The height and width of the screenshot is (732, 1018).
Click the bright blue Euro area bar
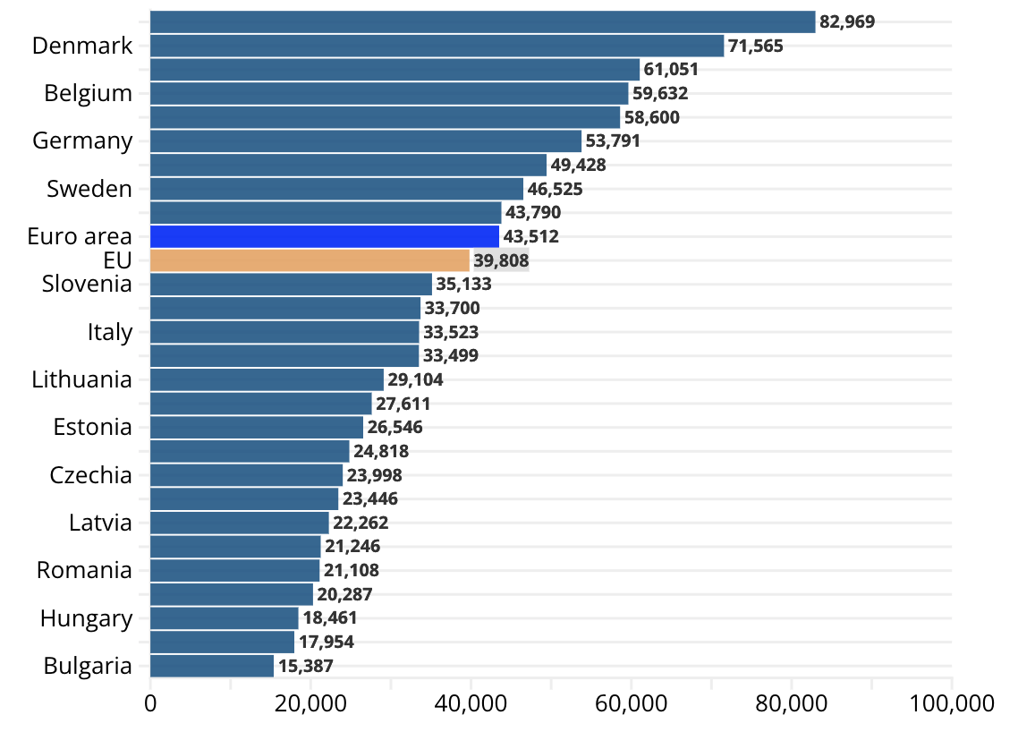pos(324,236)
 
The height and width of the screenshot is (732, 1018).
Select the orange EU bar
pos(310,260)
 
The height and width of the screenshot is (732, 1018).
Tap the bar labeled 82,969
pos(482,21)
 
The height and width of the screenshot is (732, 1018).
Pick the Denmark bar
pos(437,46)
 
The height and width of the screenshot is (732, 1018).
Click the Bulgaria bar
pos(212,666)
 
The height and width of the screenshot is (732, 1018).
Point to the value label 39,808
pos(501,260)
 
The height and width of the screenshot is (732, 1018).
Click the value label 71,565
pos(756,46)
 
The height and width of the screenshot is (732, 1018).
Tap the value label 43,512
pos(530,236)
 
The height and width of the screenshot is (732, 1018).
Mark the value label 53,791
pos(613,140)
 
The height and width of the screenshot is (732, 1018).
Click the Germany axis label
pos(82,140)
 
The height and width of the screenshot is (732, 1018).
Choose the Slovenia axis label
pos(87,285)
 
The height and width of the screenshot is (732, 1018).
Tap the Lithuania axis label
pos(81,379)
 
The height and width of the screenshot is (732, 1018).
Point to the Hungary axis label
pos(86,618)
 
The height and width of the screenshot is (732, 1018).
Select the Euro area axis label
pos(80,236)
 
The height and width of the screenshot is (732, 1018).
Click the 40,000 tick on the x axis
pos(471,703)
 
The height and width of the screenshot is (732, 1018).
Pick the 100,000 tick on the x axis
pos(951,703)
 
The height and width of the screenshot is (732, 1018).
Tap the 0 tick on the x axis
pos(150,703)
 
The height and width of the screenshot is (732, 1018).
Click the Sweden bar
pos(336,189)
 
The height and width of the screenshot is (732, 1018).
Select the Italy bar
pos(284,332)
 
